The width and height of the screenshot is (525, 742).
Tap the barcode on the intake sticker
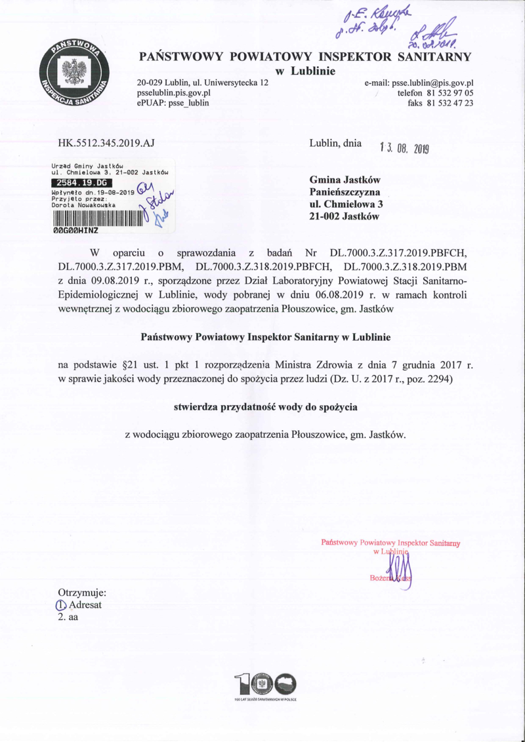click(x=96, y=218)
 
